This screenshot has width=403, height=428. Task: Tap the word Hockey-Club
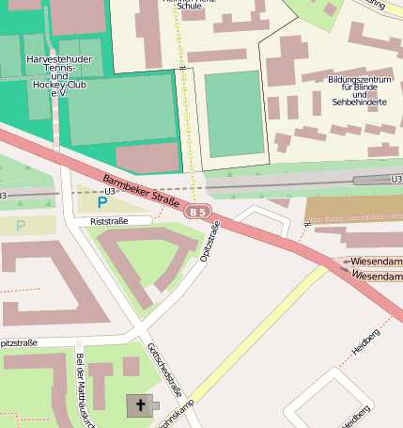[x=57, y=85]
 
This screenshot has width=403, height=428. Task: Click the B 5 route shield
[x=197, y=213]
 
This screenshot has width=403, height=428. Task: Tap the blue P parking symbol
[x=102, y=202]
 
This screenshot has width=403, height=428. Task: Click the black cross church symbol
[x=141, y=405]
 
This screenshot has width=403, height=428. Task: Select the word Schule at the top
[x=189, y=6]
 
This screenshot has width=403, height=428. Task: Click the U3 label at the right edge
[x=395, y=178]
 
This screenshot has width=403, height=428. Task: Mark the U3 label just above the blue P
[x=109, y=191]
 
